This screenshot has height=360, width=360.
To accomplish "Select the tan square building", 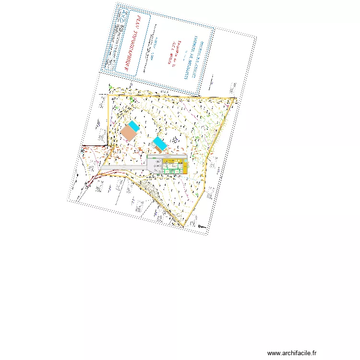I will tap(129, 133).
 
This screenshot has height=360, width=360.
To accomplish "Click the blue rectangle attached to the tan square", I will tap(134, 126).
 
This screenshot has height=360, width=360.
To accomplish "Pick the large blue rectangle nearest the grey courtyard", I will tap(160, 143).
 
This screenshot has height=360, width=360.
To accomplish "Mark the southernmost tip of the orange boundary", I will tap(183, 226).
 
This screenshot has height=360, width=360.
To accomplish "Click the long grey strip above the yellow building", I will tap(166, 156).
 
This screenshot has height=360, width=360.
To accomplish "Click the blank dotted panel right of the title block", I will tap(228, 62).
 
